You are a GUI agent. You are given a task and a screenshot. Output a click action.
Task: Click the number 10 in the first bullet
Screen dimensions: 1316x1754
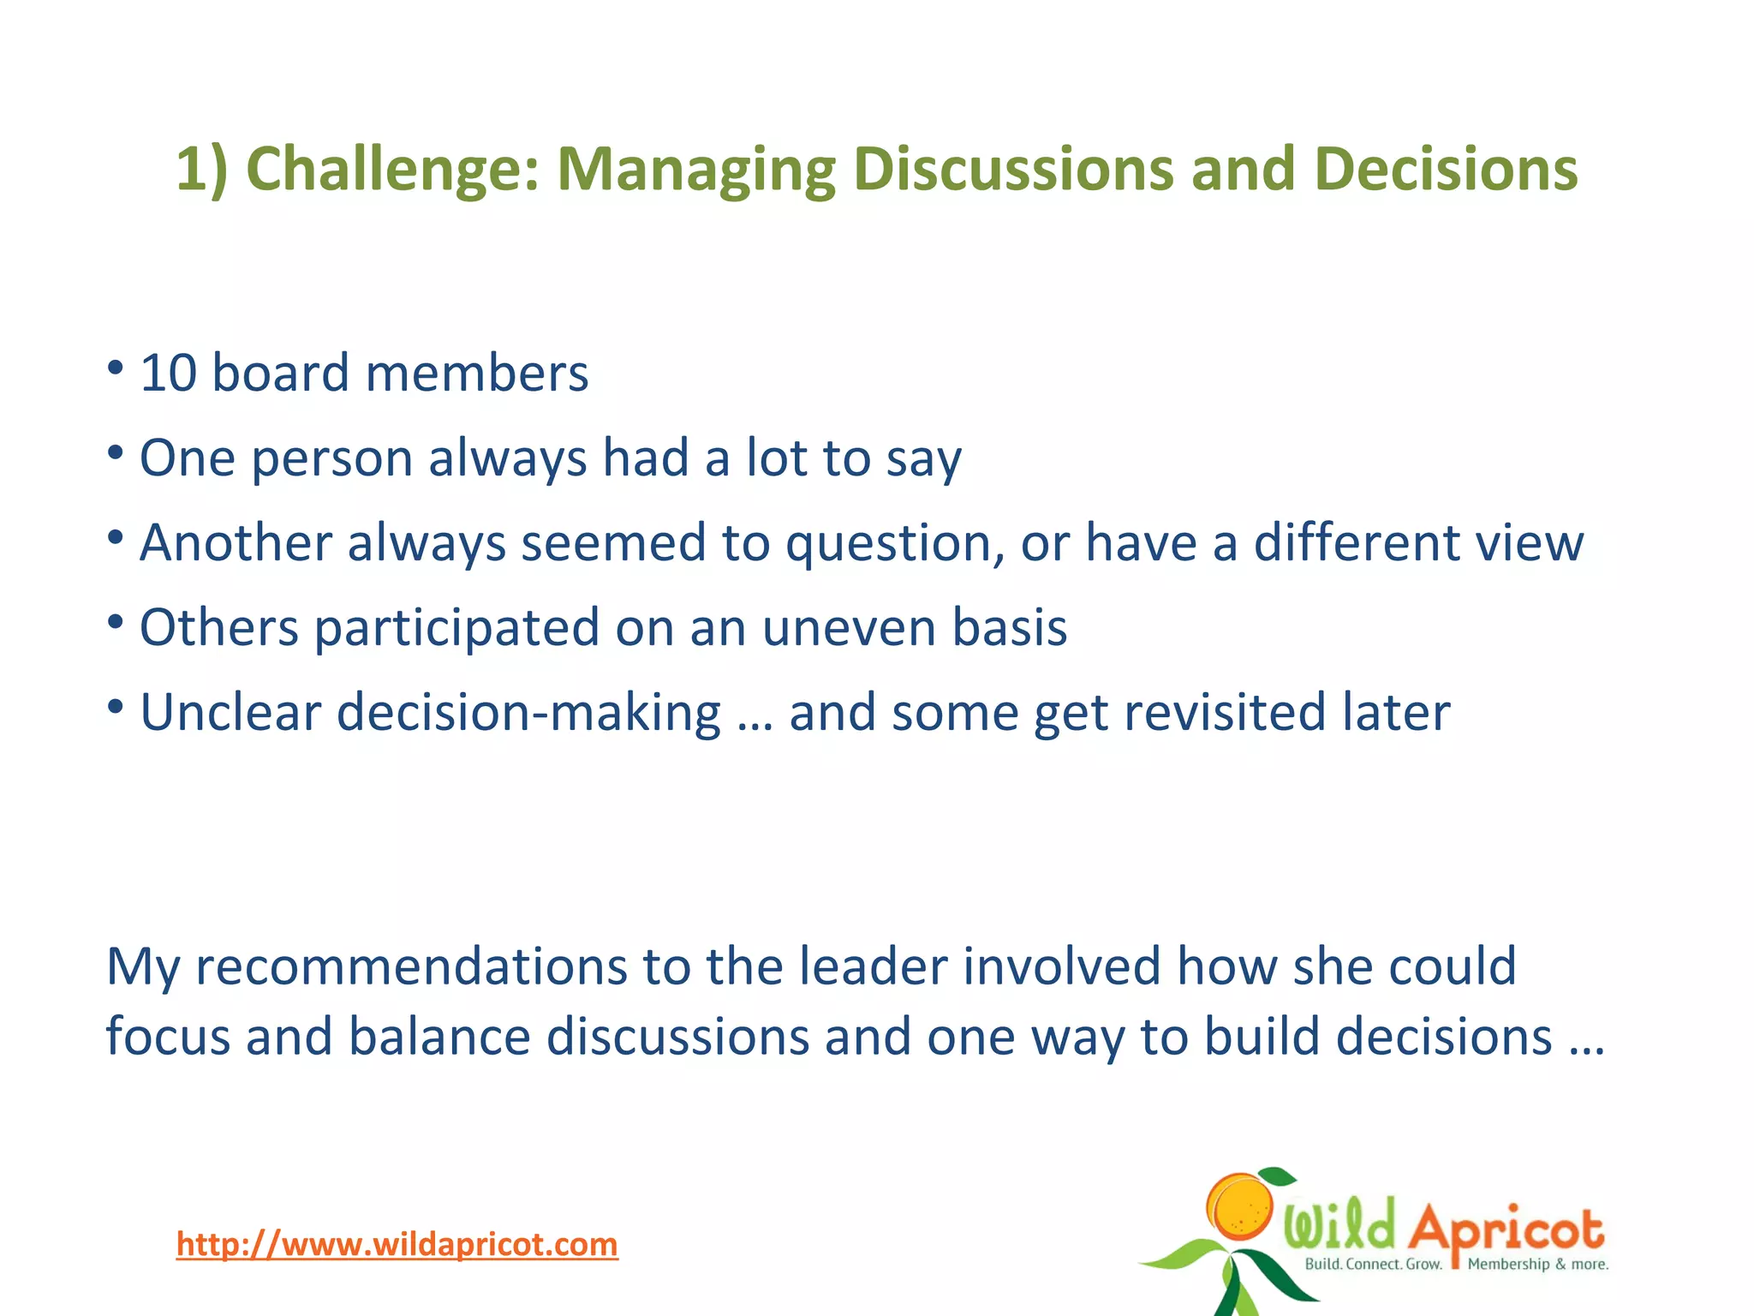(x=168, y=374)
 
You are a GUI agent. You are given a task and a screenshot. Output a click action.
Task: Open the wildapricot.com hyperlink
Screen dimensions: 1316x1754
(x=397, y=1244)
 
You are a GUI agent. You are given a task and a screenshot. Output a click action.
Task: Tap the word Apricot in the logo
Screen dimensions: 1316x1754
(x=1506, y=1229)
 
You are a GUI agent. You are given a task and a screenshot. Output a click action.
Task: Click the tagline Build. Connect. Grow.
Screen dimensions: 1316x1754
(x=1372, y=1265)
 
